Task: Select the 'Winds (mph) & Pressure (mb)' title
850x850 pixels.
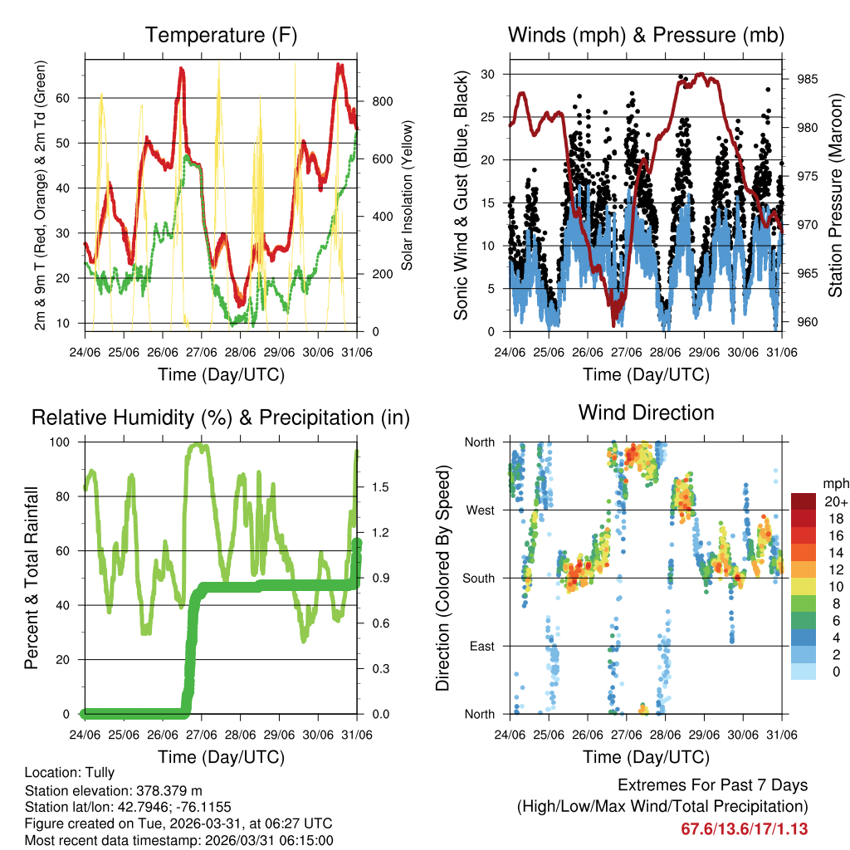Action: coord(646,36)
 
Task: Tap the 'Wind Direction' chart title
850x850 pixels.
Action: coord(646,413)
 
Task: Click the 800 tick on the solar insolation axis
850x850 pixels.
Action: coord(383,101)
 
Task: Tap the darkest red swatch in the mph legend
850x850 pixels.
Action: coord(803,501)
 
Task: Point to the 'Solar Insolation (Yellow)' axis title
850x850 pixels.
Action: coord(408,195)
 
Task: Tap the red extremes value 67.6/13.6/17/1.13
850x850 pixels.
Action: coord(744,828)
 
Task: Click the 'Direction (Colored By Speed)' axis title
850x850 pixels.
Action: coord(442,578)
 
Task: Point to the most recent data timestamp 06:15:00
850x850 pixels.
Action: coord(306,840)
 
